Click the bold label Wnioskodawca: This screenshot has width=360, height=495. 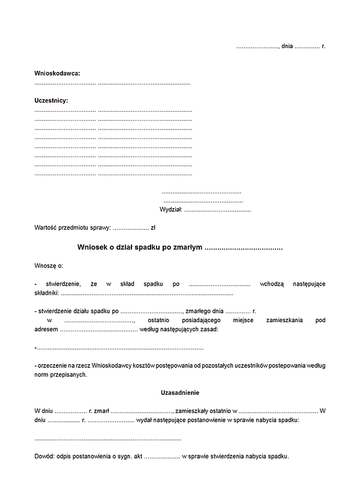57,73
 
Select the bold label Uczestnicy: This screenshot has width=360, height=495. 51,101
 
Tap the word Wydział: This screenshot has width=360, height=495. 170,210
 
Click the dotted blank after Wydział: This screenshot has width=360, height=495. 217,211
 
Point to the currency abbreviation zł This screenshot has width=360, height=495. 153,228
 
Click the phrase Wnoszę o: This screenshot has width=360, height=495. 49,265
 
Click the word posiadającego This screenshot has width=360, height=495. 196,320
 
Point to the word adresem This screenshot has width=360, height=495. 46,329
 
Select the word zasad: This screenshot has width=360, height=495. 208,329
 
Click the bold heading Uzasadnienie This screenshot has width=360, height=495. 180,392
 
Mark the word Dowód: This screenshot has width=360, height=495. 45,456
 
